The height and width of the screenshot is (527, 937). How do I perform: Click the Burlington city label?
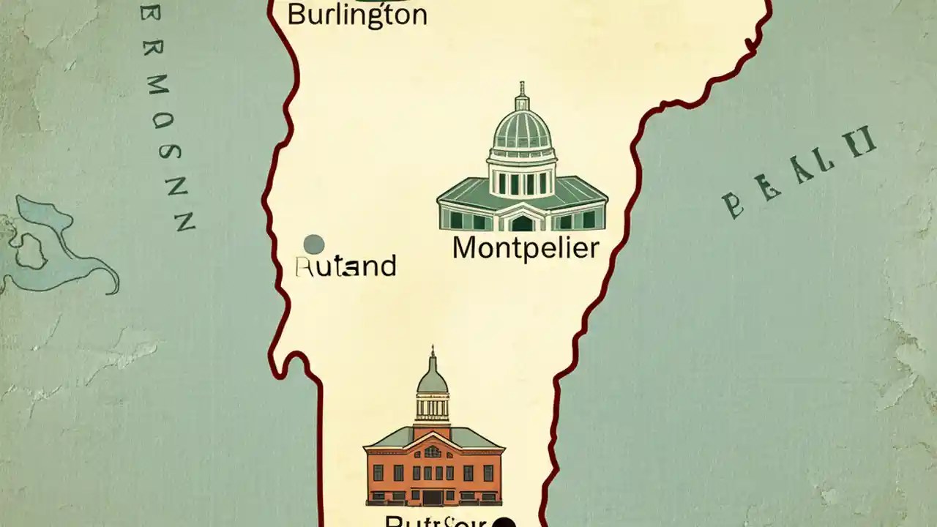(x=356, y=15)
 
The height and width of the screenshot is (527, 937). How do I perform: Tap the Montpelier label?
(x=526, y=249)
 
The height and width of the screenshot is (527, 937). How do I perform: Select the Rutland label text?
(x=346, y=266)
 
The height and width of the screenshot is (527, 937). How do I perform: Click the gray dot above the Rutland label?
(x=313, y=244)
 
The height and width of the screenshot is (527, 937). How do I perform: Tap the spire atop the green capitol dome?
(x=522, y=94)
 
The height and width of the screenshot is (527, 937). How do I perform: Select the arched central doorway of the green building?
(x=522, y=222)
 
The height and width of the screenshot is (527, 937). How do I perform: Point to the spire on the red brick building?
(x=432, y=357)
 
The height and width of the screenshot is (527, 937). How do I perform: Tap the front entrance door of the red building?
(x=433, y=498)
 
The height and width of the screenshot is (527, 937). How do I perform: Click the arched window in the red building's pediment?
(x=433, y=452)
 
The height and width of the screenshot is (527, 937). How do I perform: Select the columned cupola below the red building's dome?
(x=432, y=408)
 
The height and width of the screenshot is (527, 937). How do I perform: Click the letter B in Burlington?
(x=295, y=15)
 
